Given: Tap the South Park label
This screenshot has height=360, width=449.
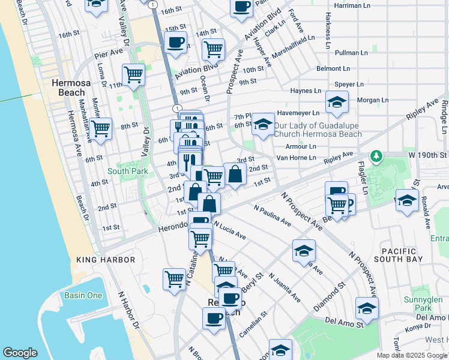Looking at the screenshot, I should (127, 171).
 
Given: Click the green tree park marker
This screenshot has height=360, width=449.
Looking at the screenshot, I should (376, 157).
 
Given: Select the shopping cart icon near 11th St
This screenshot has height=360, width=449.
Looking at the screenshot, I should (133, 75).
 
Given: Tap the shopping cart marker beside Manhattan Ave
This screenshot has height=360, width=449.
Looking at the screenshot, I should (101, 127).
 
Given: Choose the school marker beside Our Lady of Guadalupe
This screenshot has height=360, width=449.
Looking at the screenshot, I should (263, 124).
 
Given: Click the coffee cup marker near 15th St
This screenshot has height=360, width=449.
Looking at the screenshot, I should (176, 43).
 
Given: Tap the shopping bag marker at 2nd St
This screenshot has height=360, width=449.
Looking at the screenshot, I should (235, 175).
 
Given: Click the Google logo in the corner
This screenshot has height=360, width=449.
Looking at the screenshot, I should (20, 353).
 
